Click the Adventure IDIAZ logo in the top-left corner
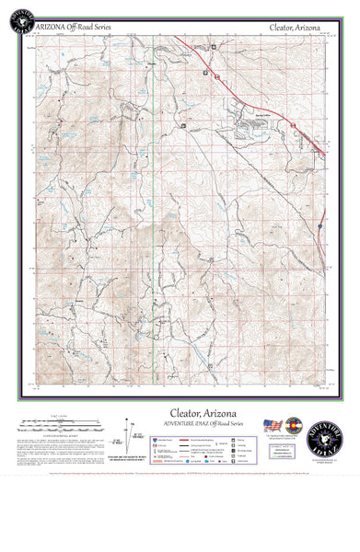tap(19, 18)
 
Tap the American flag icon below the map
tap(272, 425)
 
